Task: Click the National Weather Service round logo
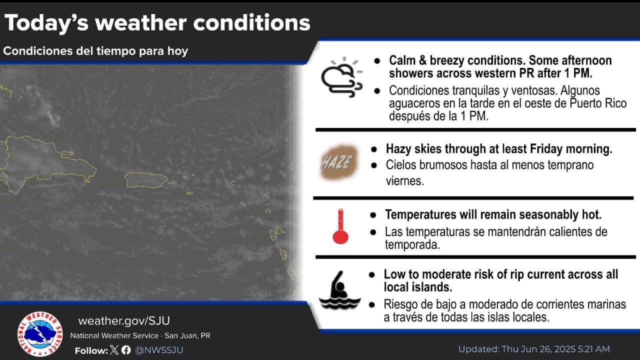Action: click(40, 334)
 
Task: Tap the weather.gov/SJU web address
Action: click(124, 321)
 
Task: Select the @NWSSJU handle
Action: click(159, 350)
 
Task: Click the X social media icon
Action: click(115, 350)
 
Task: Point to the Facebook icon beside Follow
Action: click(126, 350)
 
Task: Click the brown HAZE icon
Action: click(339, 162)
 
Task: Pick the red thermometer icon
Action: click(341, 226)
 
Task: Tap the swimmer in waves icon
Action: click(340, 290)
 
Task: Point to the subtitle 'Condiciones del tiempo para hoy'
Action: click(95, 51)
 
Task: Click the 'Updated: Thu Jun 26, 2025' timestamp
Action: click(534, 349)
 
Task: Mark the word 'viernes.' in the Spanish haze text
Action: click(404, 181)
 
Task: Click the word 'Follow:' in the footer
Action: click(91, 350)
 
